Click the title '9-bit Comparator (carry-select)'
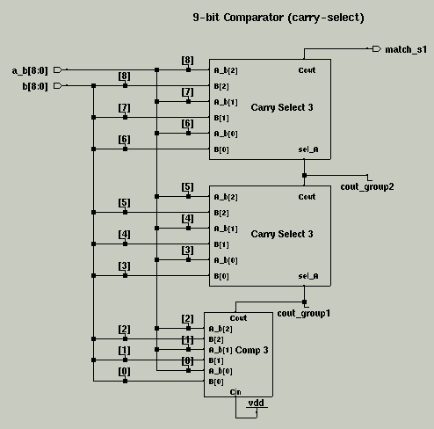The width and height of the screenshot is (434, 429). (278, 18)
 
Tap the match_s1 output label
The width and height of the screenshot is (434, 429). (406, 49)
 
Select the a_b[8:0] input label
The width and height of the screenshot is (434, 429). (30, 70)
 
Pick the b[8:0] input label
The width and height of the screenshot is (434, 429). (35, 86)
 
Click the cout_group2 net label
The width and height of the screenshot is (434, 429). (367, 186)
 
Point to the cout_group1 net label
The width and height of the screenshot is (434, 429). (304, 313)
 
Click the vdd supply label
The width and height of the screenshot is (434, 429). (257, 403)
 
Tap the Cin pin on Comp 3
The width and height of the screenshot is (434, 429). (235, 392)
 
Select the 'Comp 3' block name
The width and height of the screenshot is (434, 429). (251, 350)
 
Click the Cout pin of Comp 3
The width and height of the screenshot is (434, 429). (238, 318)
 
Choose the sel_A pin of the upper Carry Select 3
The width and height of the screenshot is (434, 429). (308, 149)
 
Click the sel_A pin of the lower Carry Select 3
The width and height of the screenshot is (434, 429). (308, 276)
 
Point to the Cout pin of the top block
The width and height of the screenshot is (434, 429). (307, 70)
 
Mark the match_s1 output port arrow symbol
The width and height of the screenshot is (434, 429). (377, 48)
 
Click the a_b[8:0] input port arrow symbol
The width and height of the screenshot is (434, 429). (58, 69)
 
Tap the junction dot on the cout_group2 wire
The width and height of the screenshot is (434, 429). (304, 175)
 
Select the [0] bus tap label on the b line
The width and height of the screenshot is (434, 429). (124, 371)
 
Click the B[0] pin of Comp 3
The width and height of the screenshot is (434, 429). (216, 382)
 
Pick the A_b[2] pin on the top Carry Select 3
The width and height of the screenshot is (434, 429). (226, 70)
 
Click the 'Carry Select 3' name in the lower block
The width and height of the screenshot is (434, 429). (282, 234)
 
